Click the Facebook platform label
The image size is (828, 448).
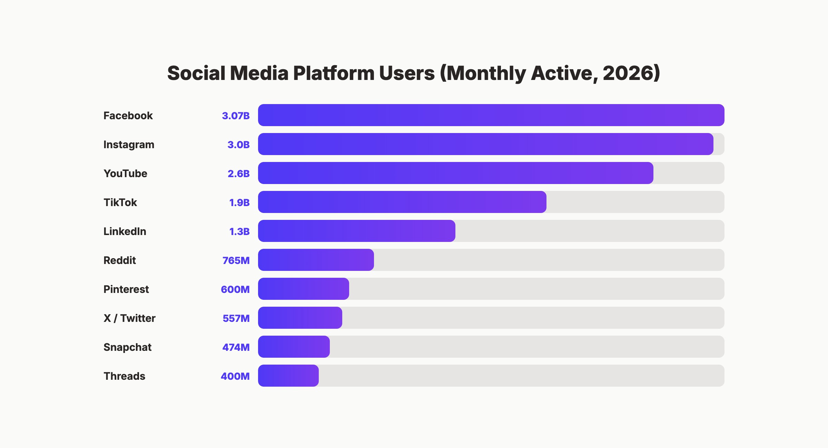(128, 115)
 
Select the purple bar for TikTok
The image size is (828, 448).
(402, 202)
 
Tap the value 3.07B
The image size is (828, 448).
(236, 116)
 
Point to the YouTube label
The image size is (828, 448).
(125, 173)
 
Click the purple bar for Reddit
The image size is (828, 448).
(316, 260)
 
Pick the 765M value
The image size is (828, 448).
(236, 261)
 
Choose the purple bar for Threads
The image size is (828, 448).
(288, 376)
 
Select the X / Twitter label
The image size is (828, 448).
(129, 318)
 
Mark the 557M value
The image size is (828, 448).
(236, 318)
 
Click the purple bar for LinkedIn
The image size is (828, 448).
(356, 231)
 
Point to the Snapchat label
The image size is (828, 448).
(127, 347)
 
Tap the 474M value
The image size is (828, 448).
(236, 347)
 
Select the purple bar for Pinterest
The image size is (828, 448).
(303, 289)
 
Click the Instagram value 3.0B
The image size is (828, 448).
(238, 145)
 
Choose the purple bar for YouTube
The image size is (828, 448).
(455, 173)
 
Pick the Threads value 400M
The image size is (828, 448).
(235, 376)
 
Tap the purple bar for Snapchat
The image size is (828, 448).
(294, 347)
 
